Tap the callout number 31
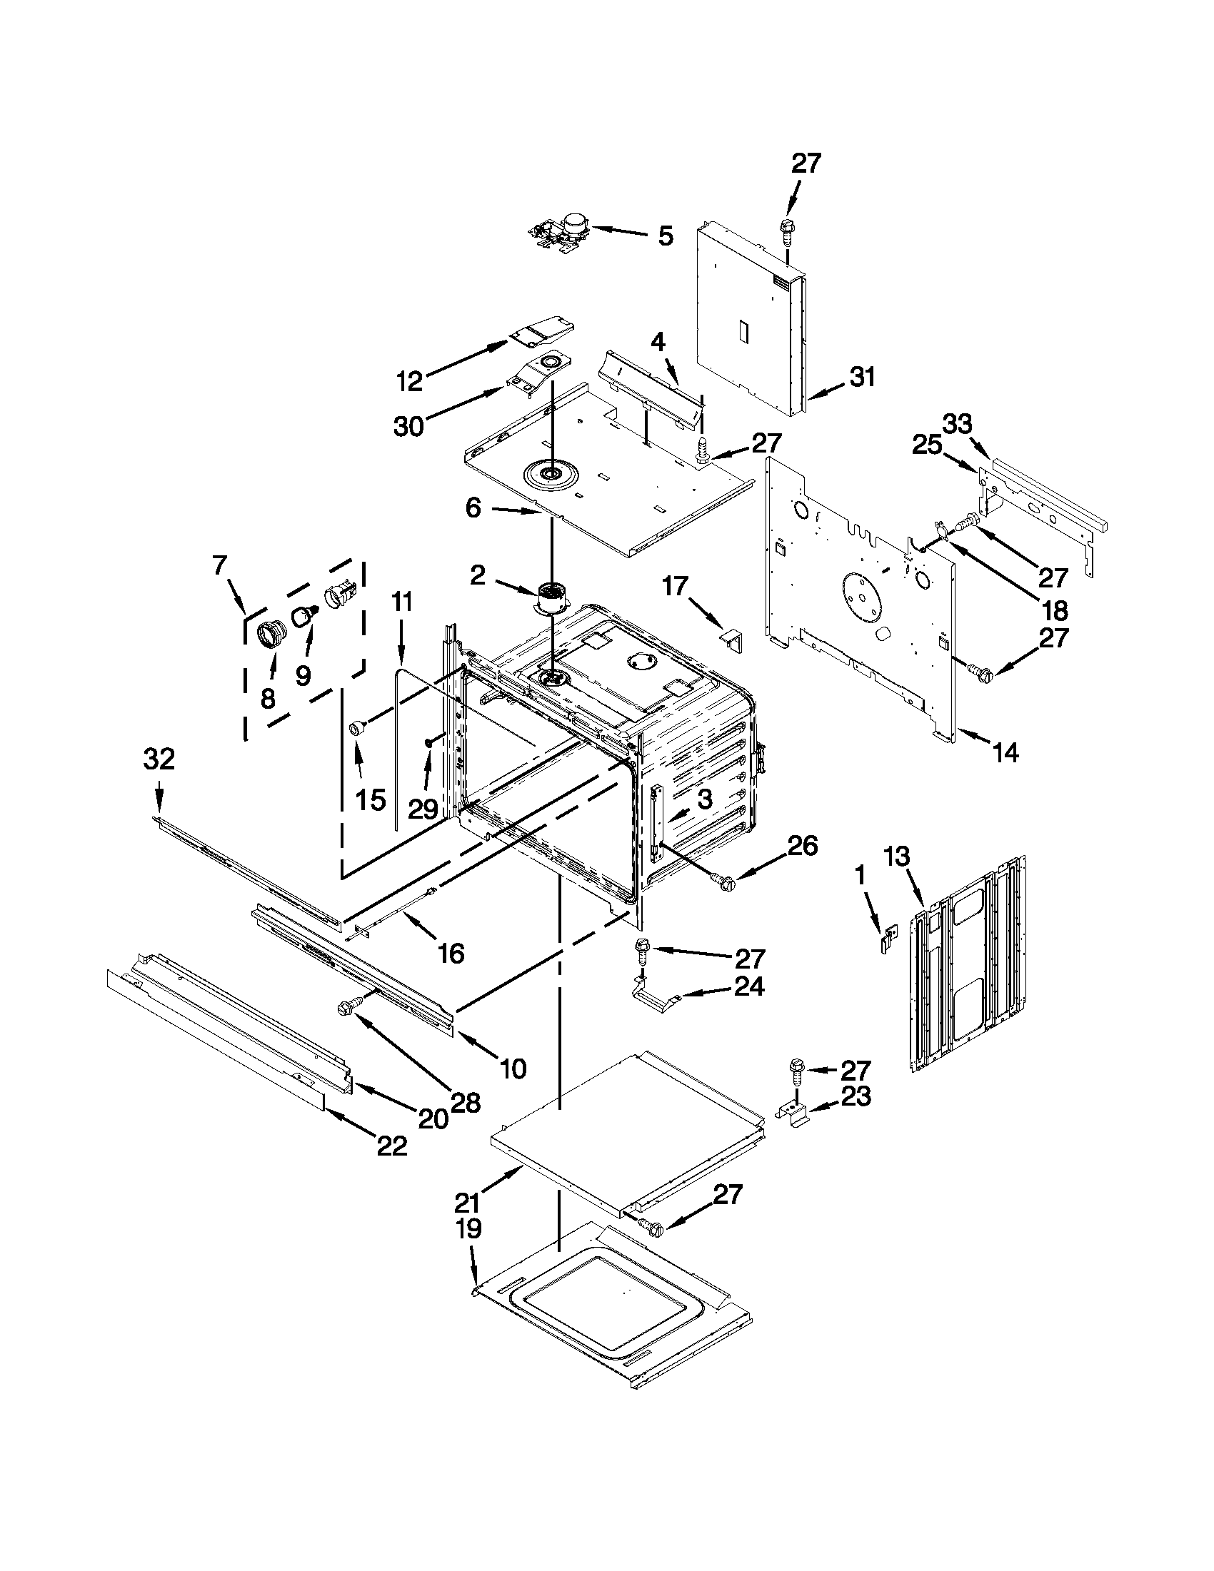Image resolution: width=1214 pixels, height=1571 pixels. tap(862, 376)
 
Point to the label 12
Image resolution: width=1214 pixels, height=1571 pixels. tap(408, 381)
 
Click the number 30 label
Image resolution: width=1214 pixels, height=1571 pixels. tap(408, 427)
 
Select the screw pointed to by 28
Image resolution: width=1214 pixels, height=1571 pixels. tap(344, 1011)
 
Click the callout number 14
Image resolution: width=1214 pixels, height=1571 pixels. tap(1005, 752)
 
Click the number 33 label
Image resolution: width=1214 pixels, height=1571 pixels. tap(957, 425)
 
